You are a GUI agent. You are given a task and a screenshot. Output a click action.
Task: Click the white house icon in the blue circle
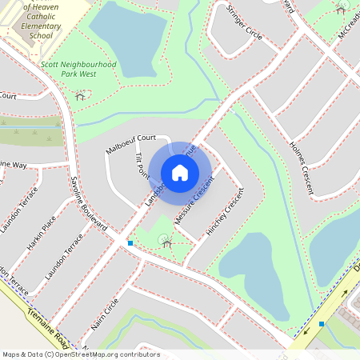click(x=180, y=173)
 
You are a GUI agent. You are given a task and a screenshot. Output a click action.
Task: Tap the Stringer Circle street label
click(x=244, y=23)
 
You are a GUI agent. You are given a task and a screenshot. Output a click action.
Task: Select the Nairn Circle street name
click(x=105, y=313)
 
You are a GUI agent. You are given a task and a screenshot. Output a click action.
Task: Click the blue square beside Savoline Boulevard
click(x=130, y=242)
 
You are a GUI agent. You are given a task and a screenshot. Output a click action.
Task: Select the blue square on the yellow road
click(x=322, y=324)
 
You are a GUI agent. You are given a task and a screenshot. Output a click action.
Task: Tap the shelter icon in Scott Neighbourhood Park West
click(x=80, y=95)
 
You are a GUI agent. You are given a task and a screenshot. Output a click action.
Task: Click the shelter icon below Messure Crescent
click(x=166, y=238)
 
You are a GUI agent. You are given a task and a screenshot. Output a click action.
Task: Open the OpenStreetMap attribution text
click(x=80, y=354)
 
